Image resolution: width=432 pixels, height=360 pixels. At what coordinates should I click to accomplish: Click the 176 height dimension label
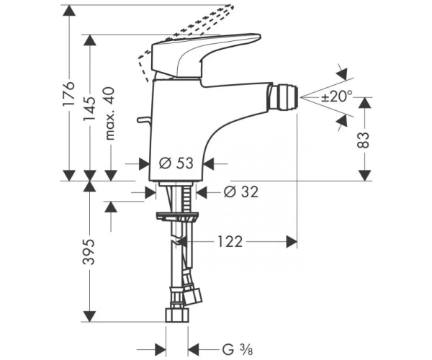pos(69,93)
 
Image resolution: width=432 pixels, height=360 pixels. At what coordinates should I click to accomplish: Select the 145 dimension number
pos(89,109)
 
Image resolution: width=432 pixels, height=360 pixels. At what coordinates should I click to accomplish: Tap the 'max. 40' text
pos(109,114)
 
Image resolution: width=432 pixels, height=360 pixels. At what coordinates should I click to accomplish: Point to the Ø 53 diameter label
pos(176,163)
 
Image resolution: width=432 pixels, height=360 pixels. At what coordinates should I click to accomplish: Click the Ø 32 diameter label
pos(241,192)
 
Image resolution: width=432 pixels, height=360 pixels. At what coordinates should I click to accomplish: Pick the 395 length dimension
pos(89,252)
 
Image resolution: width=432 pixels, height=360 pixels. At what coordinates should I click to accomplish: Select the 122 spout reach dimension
pos(230,242)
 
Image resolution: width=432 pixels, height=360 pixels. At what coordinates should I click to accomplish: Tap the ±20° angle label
pos(336,96)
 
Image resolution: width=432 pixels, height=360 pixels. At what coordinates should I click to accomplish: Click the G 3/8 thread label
pos(237,350)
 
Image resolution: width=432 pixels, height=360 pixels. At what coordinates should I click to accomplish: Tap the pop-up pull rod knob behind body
pos(143,120)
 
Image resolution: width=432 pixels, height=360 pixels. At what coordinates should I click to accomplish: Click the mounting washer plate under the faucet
pos(177,216)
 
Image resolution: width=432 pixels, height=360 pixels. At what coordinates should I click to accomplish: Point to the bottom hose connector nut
pos(177,315)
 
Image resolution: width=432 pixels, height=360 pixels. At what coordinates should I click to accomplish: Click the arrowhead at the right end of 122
pos(292,242)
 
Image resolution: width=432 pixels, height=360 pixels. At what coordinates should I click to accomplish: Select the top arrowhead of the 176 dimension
pos(69,11)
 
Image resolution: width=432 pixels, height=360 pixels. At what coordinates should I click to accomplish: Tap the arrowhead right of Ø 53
pos(209,163)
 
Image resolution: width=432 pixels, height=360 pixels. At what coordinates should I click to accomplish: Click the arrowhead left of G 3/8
pos(160,350)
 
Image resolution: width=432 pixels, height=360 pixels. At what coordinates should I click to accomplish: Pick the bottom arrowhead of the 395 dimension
pos(89,316)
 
